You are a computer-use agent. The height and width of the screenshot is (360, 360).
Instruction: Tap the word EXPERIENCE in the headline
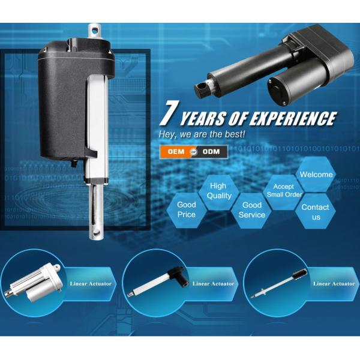(293, 118)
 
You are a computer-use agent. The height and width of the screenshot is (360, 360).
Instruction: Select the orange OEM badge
(176, 152)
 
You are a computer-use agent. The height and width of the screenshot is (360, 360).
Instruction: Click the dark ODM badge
(211, 152)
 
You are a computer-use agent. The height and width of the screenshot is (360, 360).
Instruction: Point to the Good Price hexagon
(186, 209)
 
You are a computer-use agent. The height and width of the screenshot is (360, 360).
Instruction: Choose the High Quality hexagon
(218, 191)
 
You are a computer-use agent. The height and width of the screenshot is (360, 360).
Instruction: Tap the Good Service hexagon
(251, 211)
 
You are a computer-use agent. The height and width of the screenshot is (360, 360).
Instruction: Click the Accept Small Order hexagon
(284, 191)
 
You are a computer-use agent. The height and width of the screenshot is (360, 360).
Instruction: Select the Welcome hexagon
(316, 175)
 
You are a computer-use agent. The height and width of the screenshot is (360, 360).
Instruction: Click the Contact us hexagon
(316, 212)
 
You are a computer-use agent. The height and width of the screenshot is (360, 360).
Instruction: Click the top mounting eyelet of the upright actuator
(95, 31)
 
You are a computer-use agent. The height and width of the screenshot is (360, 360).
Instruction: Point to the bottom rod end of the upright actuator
(96, 232)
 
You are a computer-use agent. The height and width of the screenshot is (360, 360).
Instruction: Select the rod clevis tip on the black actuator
(202, 89)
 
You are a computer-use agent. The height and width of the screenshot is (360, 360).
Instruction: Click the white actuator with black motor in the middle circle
(158, 281)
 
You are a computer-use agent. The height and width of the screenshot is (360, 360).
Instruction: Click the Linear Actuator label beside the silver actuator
(91, 284)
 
